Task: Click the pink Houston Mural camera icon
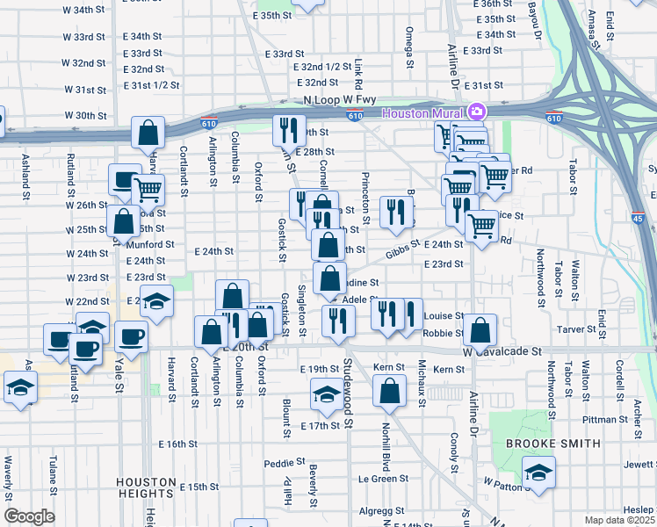click(477, 112)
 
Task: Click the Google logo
click(29, 516)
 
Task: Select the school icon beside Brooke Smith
click(538, 473)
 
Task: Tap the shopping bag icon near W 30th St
click(148, 133)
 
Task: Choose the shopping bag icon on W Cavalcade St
click(480, 330)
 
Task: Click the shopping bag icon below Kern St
click(389, 391)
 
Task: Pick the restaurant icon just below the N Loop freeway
click(289, 131)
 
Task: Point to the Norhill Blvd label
click(386, 444)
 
